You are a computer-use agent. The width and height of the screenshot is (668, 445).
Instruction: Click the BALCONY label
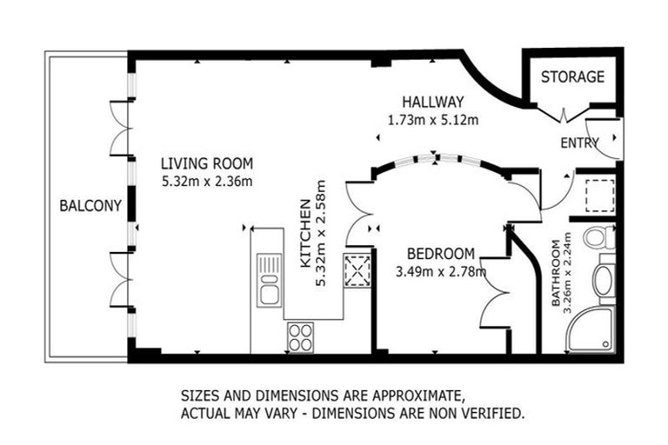coord(90,206)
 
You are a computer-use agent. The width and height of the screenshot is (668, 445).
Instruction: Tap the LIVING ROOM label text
coord(207,163)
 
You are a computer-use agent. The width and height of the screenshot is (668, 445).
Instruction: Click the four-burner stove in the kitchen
coord(301,336)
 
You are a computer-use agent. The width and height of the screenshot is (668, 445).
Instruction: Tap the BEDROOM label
coord(441,254)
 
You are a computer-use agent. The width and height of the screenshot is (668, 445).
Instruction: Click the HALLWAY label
coord(432,102)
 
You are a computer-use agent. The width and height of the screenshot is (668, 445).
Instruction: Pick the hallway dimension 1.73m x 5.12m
coord(432,120)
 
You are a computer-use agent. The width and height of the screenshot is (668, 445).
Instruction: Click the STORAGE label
coord(571,76)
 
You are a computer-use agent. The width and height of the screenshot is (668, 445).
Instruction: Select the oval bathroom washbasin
coord(603,282)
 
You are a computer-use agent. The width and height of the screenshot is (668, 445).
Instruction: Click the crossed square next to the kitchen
coord(357,270)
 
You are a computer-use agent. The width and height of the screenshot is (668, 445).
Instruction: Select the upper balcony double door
coord(119,129)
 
